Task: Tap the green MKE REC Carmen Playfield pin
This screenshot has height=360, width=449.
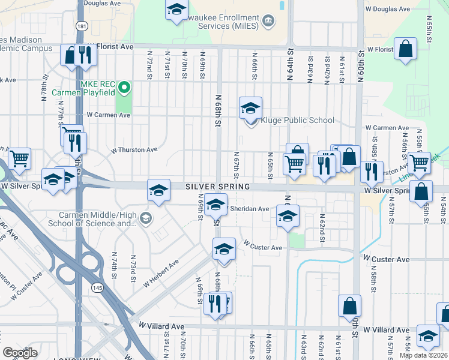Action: point(124,88)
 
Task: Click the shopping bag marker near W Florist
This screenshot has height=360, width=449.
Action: point(406,49)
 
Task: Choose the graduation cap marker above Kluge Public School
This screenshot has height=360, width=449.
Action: point(250,108)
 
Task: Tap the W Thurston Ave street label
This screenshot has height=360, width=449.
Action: point(133,150)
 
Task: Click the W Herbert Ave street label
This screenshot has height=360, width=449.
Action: point(161,274)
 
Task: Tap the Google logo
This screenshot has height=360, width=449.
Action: point(20,353)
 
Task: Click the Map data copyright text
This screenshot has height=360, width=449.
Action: point(424,355)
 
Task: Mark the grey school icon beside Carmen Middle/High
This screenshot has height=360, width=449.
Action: point(146,217)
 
